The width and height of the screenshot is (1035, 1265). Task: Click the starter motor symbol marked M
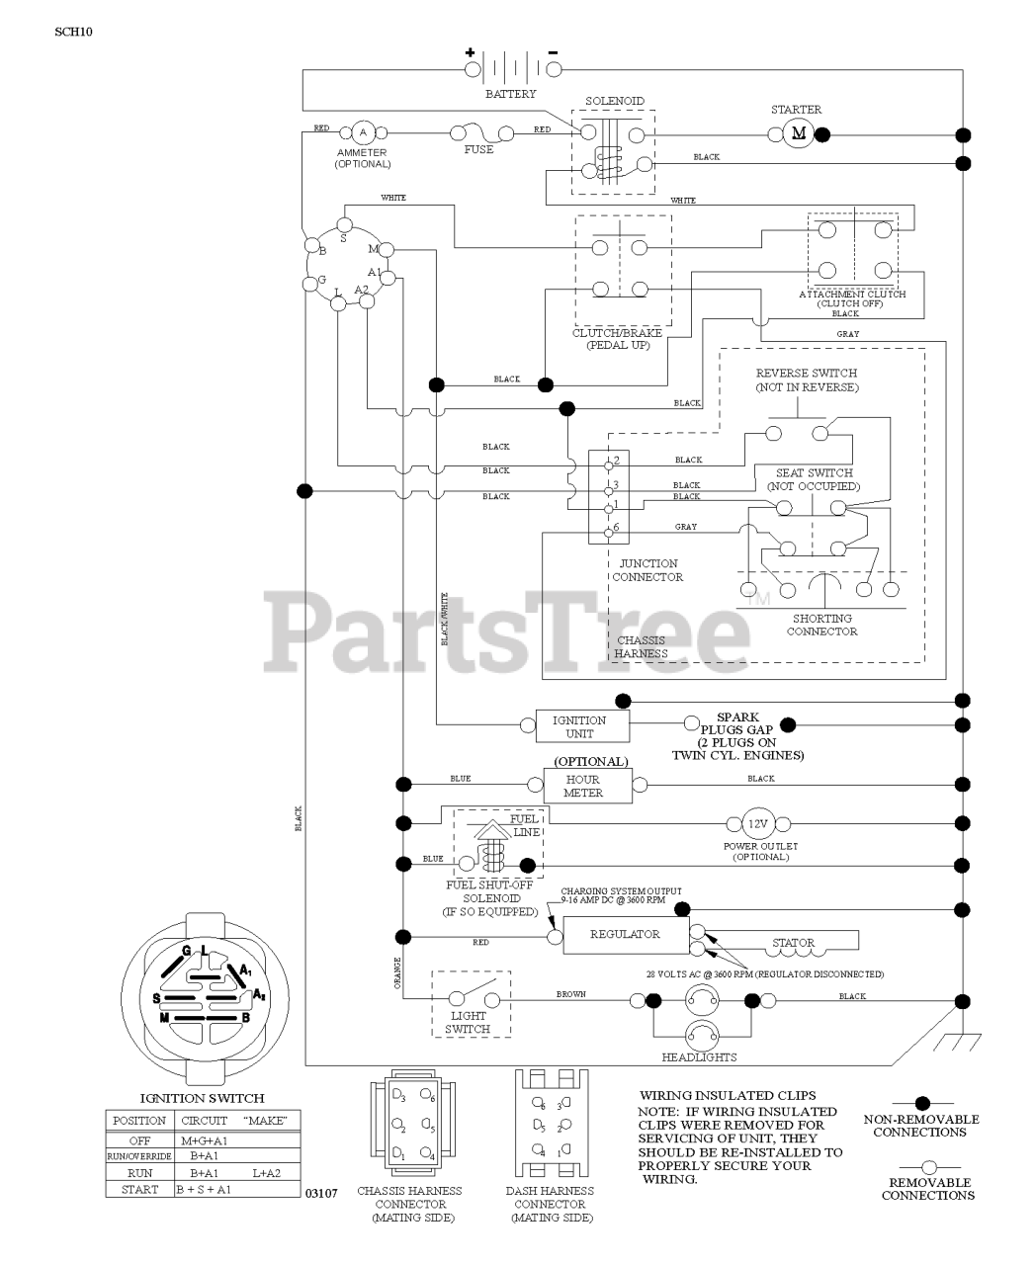pos(799,134)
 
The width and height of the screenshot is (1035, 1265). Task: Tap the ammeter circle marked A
pos(362,132)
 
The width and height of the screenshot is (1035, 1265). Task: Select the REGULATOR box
pos(625,934)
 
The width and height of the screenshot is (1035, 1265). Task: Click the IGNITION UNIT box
pos(579,726)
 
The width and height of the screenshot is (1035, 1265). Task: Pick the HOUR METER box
pos(583,786)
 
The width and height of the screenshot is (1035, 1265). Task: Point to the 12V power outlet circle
pos(756,823)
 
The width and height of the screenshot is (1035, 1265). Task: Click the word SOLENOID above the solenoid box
pos(614,101)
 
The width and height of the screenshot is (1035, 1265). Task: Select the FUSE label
pos(479,150)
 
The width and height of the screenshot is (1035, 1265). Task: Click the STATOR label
pos(793,943)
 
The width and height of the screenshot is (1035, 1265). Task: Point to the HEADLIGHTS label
pos(699,1057)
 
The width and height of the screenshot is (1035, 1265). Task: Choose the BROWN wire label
pos(571,993)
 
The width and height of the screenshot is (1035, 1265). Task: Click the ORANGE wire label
pos(397,973)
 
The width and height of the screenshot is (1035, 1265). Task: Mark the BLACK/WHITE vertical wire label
pos(445,619)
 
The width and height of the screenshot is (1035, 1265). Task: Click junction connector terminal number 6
pos(615,529)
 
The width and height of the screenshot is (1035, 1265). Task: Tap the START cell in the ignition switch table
pos(139,1190)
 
